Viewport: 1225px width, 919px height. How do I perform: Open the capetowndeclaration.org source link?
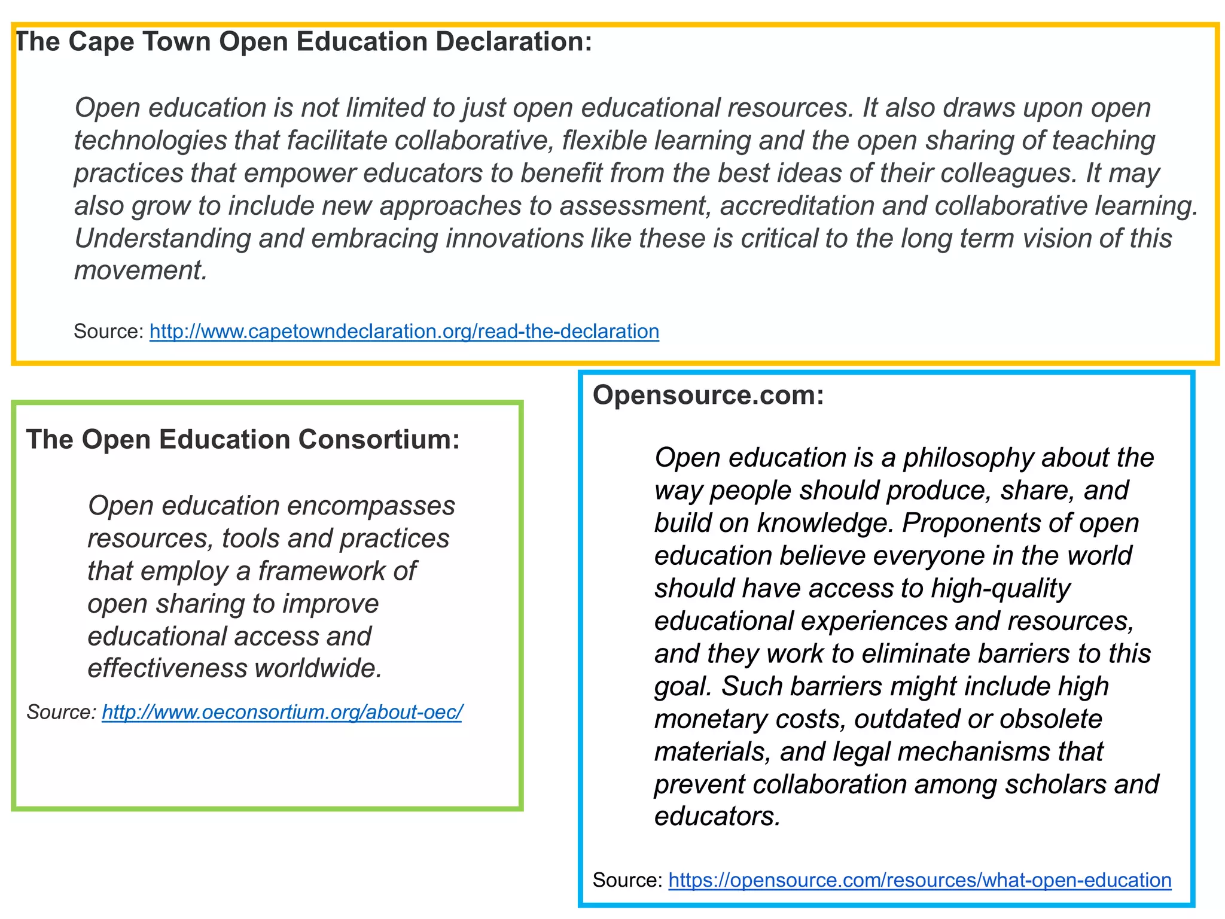pyautogui.click(x=404, y=331)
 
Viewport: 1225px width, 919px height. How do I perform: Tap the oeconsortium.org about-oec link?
pyautogui.click(x=282, y=712)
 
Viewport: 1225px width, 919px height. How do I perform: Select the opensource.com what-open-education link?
pyautogui.click(x=919, y=880)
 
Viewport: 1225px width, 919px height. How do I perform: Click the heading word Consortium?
pyautogui.click(x=379, y=440)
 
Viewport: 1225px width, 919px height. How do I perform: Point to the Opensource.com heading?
pyautogui.click(x=708, y=395)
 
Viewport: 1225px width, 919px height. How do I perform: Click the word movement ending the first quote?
pyautogui.click(x=140, y=270)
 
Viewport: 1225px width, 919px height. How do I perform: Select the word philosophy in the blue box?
pyautogui.click(x=968, y=458)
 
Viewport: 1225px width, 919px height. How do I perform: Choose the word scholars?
pyautogui.click(x=1055, y=784)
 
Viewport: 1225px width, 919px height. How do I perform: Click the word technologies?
pyautogui.click(x=150, y=141)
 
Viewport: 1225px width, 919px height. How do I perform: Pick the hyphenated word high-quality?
pyautogui.click(x=1000, y=589)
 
